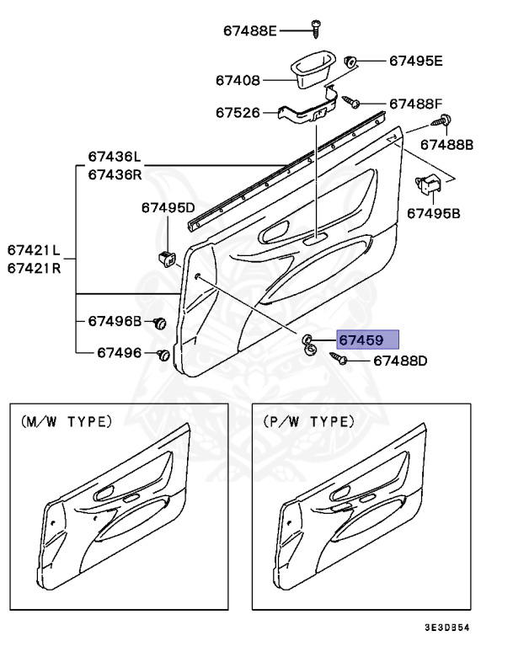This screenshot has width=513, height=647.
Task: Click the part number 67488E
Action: pyautogui.click(x=249, y=31)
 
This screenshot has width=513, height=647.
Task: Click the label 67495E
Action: pyautogui.click(x=415, y=61)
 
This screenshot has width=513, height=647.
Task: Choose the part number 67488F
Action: pyautogui.click(x=415, y=104)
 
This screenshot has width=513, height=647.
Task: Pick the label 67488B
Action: pyautogui.click(x=446, y=145)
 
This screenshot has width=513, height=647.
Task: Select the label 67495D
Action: pyautogui.click(x=168, y=207)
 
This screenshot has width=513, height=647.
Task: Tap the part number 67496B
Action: pyautogui.click(x=115, y=322)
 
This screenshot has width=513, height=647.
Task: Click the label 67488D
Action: pyautogui.click(x=400, y=361)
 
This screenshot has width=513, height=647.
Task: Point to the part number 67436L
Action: pyautogui.click(x=115, y=158)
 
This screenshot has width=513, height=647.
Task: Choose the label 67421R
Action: pyautogui.click(x=34, y=268)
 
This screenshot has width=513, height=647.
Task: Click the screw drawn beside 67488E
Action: pyautogui.click(x=317, y=28)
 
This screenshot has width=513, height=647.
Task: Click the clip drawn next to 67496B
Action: pyautogui.click(x=160, y=323)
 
